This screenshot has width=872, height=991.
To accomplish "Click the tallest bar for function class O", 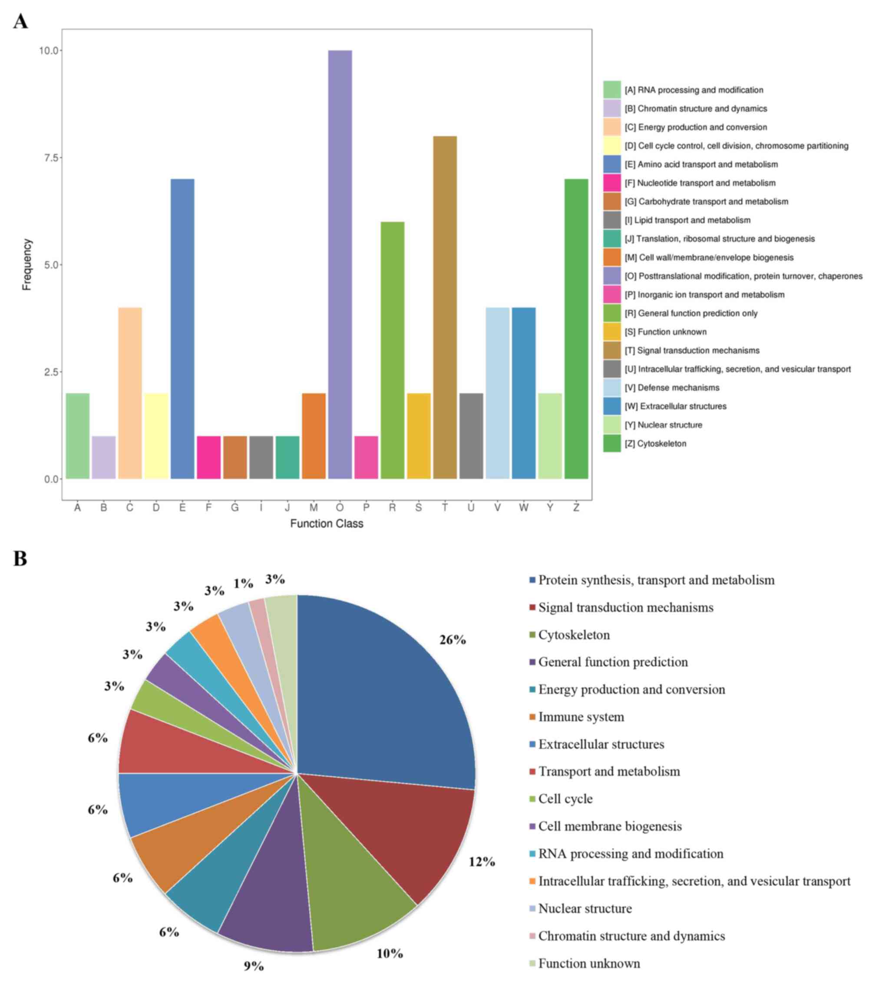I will (x=340, y=264).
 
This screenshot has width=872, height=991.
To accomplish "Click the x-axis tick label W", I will (x=523, y=507).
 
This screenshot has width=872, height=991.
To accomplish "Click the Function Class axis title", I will (x=326, y=524).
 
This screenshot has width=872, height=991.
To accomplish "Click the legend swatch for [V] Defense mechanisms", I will (x=612, y=388).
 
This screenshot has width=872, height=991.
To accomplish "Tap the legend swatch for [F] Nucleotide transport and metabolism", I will (x=612, y=183).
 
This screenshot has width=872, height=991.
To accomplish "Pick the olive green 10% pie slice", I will (x=349, y=892).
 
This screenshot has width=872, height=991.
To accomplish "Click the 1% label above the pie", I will (x=243, y=584).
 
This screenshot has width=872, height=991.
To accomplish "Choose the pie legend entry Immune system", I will (x=581, y=717).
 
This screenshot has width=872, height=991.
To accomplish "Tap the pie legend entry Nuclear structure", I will (x=585, y=909).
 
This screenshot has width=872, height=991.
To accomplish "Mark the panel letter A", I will (x=20, y=21).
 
